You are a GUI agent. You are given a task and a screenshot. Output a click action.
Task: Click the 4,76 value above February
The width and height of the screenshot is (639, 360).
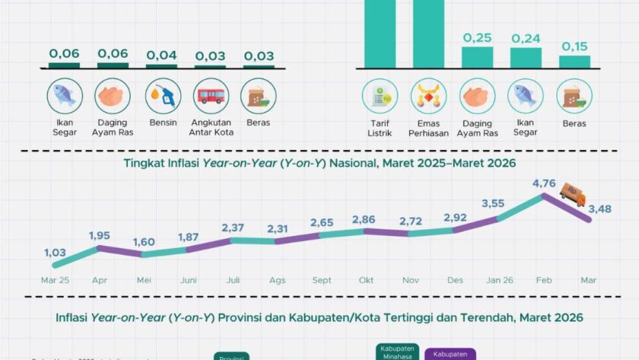(x=543, y=183)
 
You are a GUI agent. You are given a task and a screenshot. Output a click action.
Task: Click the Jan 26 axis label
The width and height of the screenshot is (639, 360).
(x=498, y=280)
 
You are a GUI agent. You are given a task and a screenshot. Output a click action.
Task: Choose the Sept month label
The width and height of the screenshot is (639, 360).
(x=320, y=280)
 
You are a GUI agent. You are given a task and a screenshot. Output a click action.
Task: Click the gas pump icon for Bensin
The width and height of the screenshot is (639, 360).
(x=163, y=96)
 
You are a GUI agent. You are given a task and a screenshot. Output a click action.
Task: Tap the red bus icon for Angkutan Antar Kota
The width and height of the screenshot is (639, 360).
(x=211, y=96)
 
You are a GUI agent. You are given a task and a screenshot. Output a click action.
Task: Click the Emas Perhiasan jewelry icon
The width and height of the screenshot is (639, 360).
(x=428, y=97)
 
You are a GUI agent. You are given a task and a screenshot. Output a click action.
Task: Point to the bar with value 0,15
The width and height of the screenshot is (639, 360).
(x=574, y=62)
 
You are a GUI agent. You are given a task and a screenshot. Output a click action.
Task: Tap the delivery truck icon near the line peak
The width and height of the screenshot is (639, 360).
(x=572, y=194)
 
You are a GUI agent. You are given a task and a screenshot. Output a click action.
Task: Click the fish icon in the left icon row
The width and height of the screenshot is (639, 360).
(x=65, y=96)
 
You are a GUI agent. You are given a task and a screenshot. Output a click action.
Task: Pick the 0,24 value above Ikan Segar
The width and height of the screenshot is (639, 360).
(x=526, y=38)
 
